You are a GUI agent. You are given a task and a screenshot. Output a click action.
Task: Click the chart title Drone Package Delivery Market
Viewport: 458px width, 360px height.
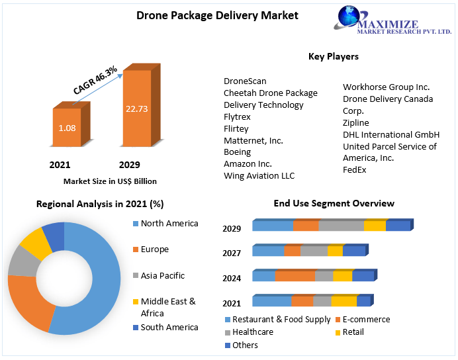pyautogui.click(x=208, y=15)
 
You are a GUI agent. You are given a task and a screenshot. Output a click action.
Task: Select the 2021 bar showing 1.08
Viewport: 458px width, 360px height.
pyautogui.click(x=66, y=128)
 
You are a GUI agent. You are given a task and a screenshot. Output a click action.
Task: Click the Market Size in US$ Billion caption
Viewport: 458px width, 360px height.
pyautogui.click(x=110, y=181)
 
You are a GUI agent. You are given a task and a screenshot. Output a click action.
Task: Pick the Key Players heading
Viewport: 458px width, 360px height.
pyautogui.click(x=333, y=56)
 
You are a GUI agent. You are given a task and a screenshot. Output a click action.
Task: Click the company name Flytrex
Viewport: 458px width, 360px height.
pyautogui.click(x=237, y=116)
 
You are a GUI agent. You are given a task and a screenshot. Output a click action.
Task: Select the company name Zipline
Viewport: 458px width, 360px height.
pyautogui.click(x=356, y=122)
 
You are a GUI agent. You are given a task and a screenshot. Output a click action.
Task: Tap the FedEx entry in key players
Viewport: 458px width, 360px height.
pyautogui.click(x=354, y=170)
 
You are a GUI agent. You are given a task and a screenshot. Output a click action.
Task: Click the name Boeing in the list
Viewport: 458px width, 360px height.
pyautogui.click(x=237, y=152)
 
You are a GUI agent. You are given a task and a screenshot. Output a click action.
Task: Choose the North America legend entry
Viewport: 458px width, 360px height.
pyautogui.click(x=169, y=224)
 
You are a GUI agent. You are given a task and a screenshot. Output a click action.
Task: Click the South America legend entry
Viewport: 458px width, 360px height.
pyautogui.click(x=169, y=328)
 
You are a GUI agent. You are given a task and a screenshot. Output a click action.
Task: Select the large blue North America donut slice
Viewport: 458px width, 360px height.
pyautogui.click(x=103, y=285)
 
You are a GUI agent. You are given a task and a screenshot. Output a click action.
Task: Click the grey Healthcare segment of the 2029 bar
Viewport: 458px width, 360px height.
pyautogui.click(x=341, y=226)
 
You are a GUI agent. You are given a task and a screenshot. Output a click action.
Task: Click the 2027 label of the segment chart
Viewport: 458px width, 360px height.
pyautogui.click(x=232, y=253)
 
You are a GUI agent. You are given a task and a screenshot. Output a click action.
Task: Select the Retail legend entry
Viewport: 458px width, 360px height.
pyautogui.click(x=353, y=332)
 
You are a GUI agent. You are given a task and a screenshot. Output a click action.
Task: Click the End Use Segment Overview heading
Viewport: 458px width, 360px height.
pyautogui.click(x=334, y=203)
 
